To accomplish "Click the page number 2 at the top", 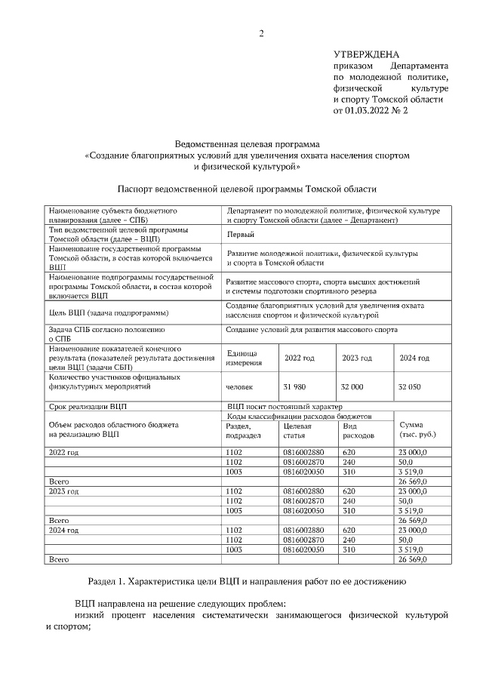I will [x=262, y=32].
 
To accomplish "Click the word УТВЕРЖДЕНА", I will [x=366, y=54].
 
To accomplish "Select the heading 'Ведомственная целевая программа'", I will [x=248, y=143].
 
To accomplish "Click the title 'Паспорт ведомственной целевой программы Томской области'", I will [x=247, y=189].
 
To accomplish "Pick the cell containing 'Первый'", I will [x=241, y=235].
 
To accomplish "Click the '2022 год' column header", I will [x=298, y=358].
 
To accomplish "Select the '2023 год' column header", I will [x=356, y=358].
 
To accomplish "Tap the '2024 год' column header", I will [x=414, y=358].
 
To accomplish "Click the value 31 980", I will [x=296, y=386].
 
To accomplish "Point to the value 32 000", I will [x=352, y=386].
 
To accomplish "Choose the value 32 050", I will [x=410, y=386].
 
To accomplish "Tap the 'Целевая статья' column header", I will [x=299, y=430].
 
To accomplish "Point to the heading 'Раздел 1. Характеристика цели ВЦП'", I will [x=247, y=581].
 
